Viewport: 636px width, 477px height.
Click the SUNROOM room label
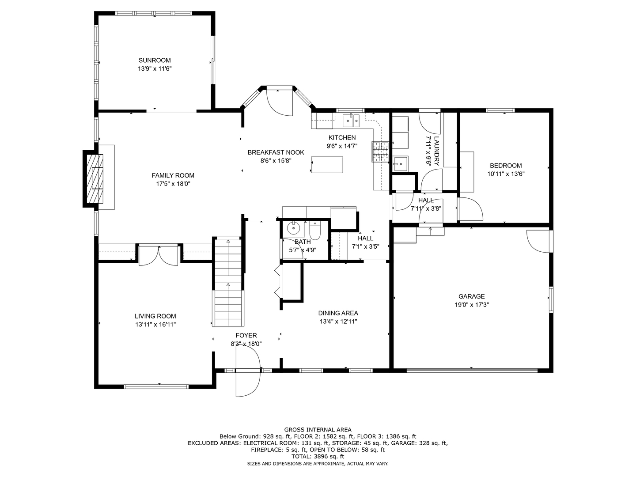click(155, 60)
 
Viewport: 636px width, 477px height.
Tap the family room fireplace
click(95, 179)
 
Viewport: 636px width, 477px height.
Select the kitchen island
click(327, 164)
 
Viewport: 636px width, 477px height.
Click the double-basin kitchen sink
click(351, 121)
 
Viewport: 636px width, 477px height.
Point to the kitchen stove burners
click(381, 151)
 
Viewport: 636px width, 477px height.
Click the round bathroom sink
click(294, 228)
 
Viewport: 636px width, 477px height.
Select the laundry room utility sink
click(401, 164)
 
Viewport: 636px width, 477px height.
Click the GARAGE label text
click(471, 296)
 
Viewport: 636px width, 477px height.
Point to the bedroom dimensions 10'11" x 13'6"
click(506, 174)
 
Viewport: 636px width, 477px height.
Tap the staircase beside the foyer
click(228, 281)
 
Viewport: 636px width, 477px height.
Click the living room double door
click(158, 255)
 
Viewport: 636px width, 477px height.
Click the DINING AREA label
click(338, 313)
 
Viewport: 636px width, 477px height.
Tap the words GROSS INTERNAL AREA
click(318, 430)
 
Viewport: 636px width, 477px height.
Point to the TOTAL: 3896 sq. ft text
click(318, 456)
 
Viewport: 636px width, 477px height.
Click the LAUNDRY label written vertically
click(437, 151)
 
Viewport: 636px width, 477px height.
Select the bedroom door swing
click(471, 209)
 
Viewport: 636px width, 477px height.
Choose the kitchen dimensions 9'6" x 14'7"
click(342, 146)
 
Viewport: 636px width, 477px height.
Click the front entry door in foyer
click(248, 371)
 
